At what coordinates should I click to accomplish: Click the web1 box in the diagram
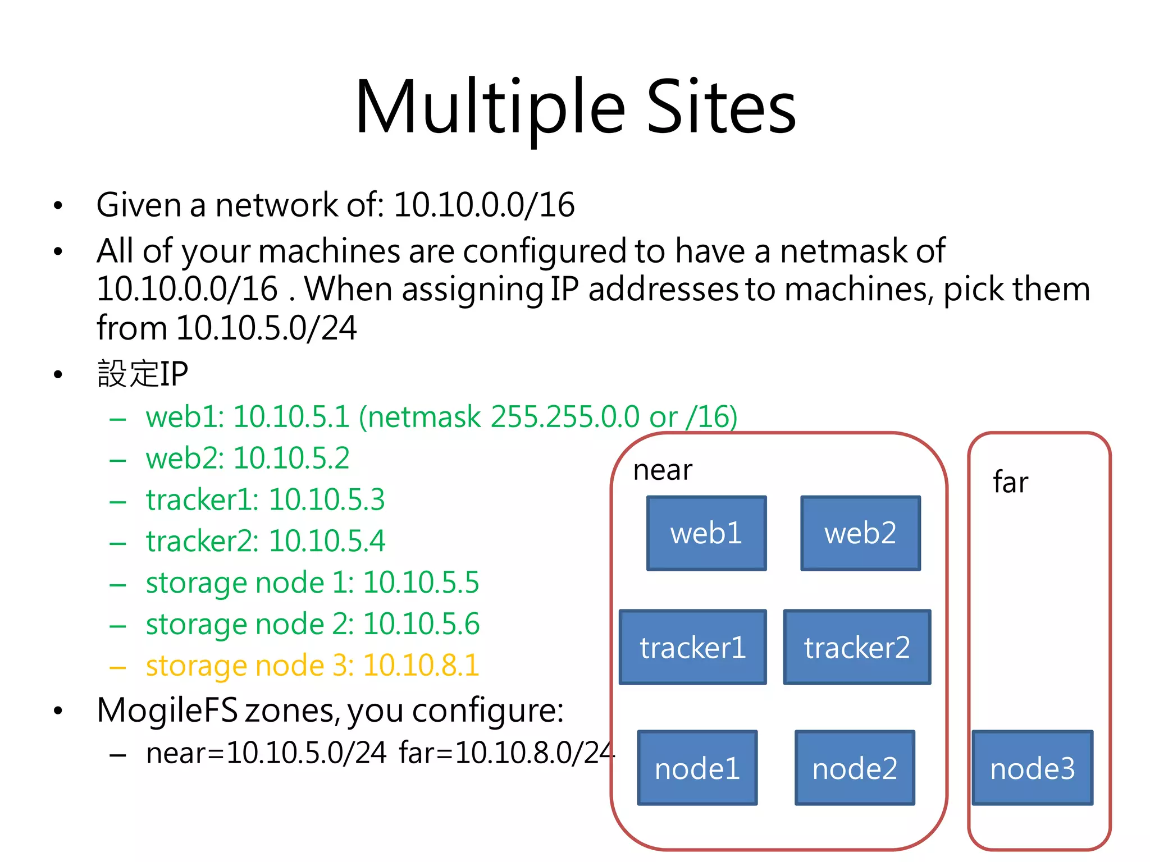[706, 533]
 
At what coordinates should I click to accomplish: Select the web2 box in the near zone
[860, 533]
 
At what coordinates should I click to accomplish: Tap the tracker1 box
[692, 647]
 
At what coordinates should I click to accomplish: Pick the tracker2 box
[857, 647]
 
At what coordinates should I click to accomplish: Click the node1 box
[697, 768]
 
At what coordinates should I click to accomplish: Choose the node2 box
[855, 768]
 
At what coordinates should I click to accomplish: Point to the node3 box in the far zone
[1032, 768]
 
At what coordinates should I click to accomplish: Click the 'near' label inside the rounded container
[663, 470]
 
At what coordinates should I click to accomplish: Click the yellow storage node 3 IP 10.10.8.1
[421, 666]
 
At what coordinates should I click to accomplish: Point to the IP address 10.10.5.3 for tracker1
[327, 500]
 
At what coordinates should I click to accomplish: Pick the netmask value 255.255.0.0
[564, 417]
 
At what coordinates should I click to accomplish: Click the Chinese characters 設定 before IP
[128, 374]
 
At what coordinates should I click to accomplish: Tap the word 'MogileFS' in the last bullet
[167, 710]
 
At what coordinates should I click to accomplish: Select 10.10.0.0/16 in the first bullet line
[483, 205]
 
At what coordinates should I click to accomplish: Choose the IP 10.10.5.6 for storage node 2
[421, 624]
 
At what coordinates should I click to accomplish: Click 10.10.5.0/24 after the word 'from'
[266, 328]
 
